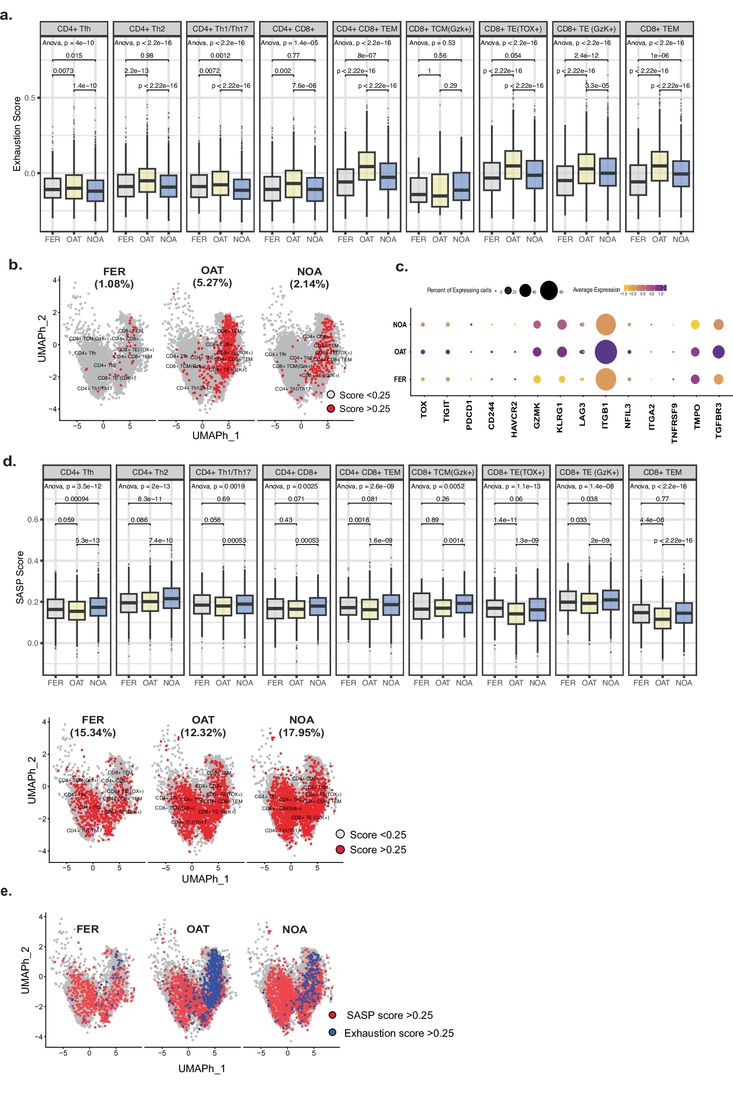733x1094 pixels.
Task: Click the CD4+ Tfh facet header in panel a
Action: pos(74,28)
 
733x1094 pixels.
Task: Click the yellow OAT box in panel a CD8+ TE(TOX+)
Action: pos(513,165)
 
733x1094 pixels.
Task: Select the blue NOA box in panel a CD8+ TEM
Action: pos(681,173)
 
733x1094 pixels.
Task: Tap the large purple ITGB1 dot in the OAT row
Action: pos(605,352)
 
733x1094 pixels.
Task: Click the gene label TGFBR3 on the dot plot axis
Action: pos(719,420)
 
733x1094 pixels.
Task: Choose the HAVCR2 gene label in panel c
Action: pos(514,419)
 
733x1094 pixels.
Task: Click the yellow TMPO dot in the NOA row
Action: pos(695,325)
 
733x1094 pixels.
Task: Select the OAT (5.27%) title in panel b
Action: pos(212,276)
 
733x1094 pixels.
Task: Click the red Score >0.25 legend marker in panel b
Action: pos(331,409)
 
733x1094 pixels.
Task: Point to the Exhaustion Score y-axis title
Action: pos(17,134)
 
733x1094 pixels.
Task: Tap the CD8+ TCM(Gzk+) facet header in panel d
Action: pos(442,472)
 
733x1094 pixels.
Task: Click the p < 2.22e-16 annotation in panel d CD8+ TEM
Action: pos(673,540)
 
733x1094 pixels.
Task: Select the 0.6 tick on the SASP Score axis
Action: pos(33,519)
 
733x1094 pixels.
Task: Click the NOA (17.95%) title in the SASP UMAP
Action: pos(301,726)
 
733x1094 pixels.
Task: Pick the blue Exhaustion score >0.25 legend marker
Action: pos(332,1032)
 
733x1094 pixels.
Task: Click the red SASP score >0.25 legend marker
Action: pos(332,1015)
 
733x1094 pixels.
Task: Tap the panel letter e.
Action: pos(6,891)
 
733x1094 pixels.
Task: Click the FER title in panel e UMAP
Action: pos(87,929)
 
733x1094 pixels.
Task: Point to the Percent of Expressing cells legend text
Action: pos(459,291)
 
